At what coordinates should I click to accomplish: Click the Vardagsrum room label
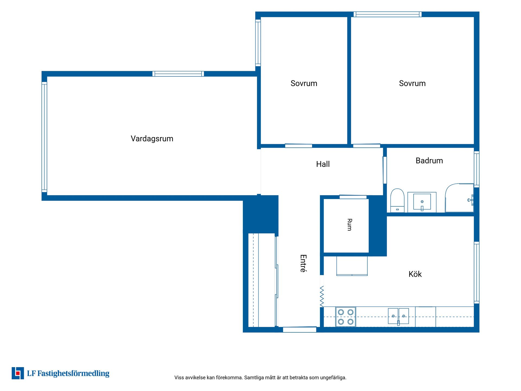pyautogui.click(x=152, y=139)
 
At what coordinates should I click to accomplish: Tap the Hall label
pyautogui.click(x=323, y=164)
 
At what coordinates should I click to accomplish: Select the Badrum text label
pyautogui.click(x=429, y=160)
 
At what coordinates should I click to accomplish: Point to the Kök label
pyautogui.click(x=415, y=274)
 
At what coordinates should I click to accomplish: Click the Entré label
pyautogui.click(x=303, y=263)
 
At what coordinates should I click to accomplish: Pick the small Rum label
pyautogui.click(x=350, y=225)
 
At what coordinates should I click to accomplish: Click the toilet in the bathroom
pyautogui.click(x=397, y=200)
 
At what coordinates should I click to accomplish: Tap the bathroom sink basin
pyautogui.click(x=422, y=202)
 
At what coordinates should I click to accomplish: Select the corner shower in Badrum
pyautogui.click(x=459, y=198)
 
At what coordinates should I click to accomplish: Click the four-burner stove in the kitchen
pyautogui.click(x=346, y=317)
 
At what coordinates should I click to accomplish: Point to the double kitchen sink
pyautogui.click(x=398, y=316)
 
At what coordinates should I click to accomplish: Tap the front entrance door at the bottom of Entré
pyautogui.click(x=300, y=330)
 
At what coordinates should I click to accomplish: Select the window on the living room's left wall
pyautogui.click(x=44, y=137)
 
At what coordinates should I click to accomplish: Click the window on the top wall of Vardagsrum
pyautogui.click(x=178, y=74)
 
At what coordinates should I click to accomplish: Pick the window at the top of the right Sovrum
pyautogui.click(x=387, y=14)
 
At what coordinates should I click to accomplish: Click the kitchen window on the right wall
pyautogui.click(x=477, y=273)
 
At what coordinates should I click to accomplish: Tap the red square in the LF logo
pyautogui.click(x=18, y=373)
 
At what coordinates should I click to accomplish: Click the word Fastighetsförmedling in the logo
pyautogui.click(x=73, y=374)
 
